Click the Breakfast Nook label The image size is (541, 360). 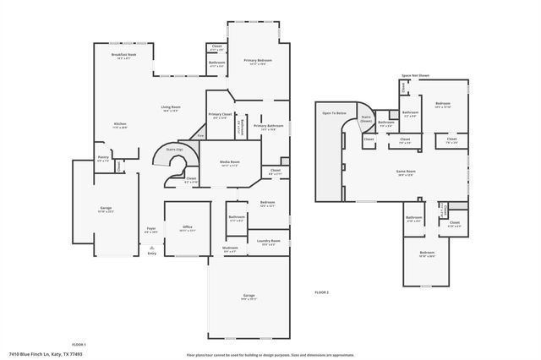[x=124, y=55]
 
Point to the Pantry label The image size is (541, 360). [x=102, y=157]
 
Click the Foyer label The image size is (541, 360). [x=151, y=229]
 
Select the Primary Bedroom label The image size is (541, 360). [x=258, y=61]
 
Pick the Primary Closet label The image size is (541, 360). [x=220, y=115]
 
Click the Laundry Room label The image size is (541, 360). [x=269, y=242]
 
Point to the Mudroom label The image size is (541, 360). [x=230, y=248]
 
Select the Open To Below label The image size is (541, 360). [x=335, y=113]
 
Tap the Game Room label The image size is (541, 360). [x=406, y=172]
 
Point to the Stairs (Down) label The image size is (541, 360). [x=366, y=119]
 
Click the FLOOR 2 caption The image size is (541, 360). [x=321, y=292]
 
